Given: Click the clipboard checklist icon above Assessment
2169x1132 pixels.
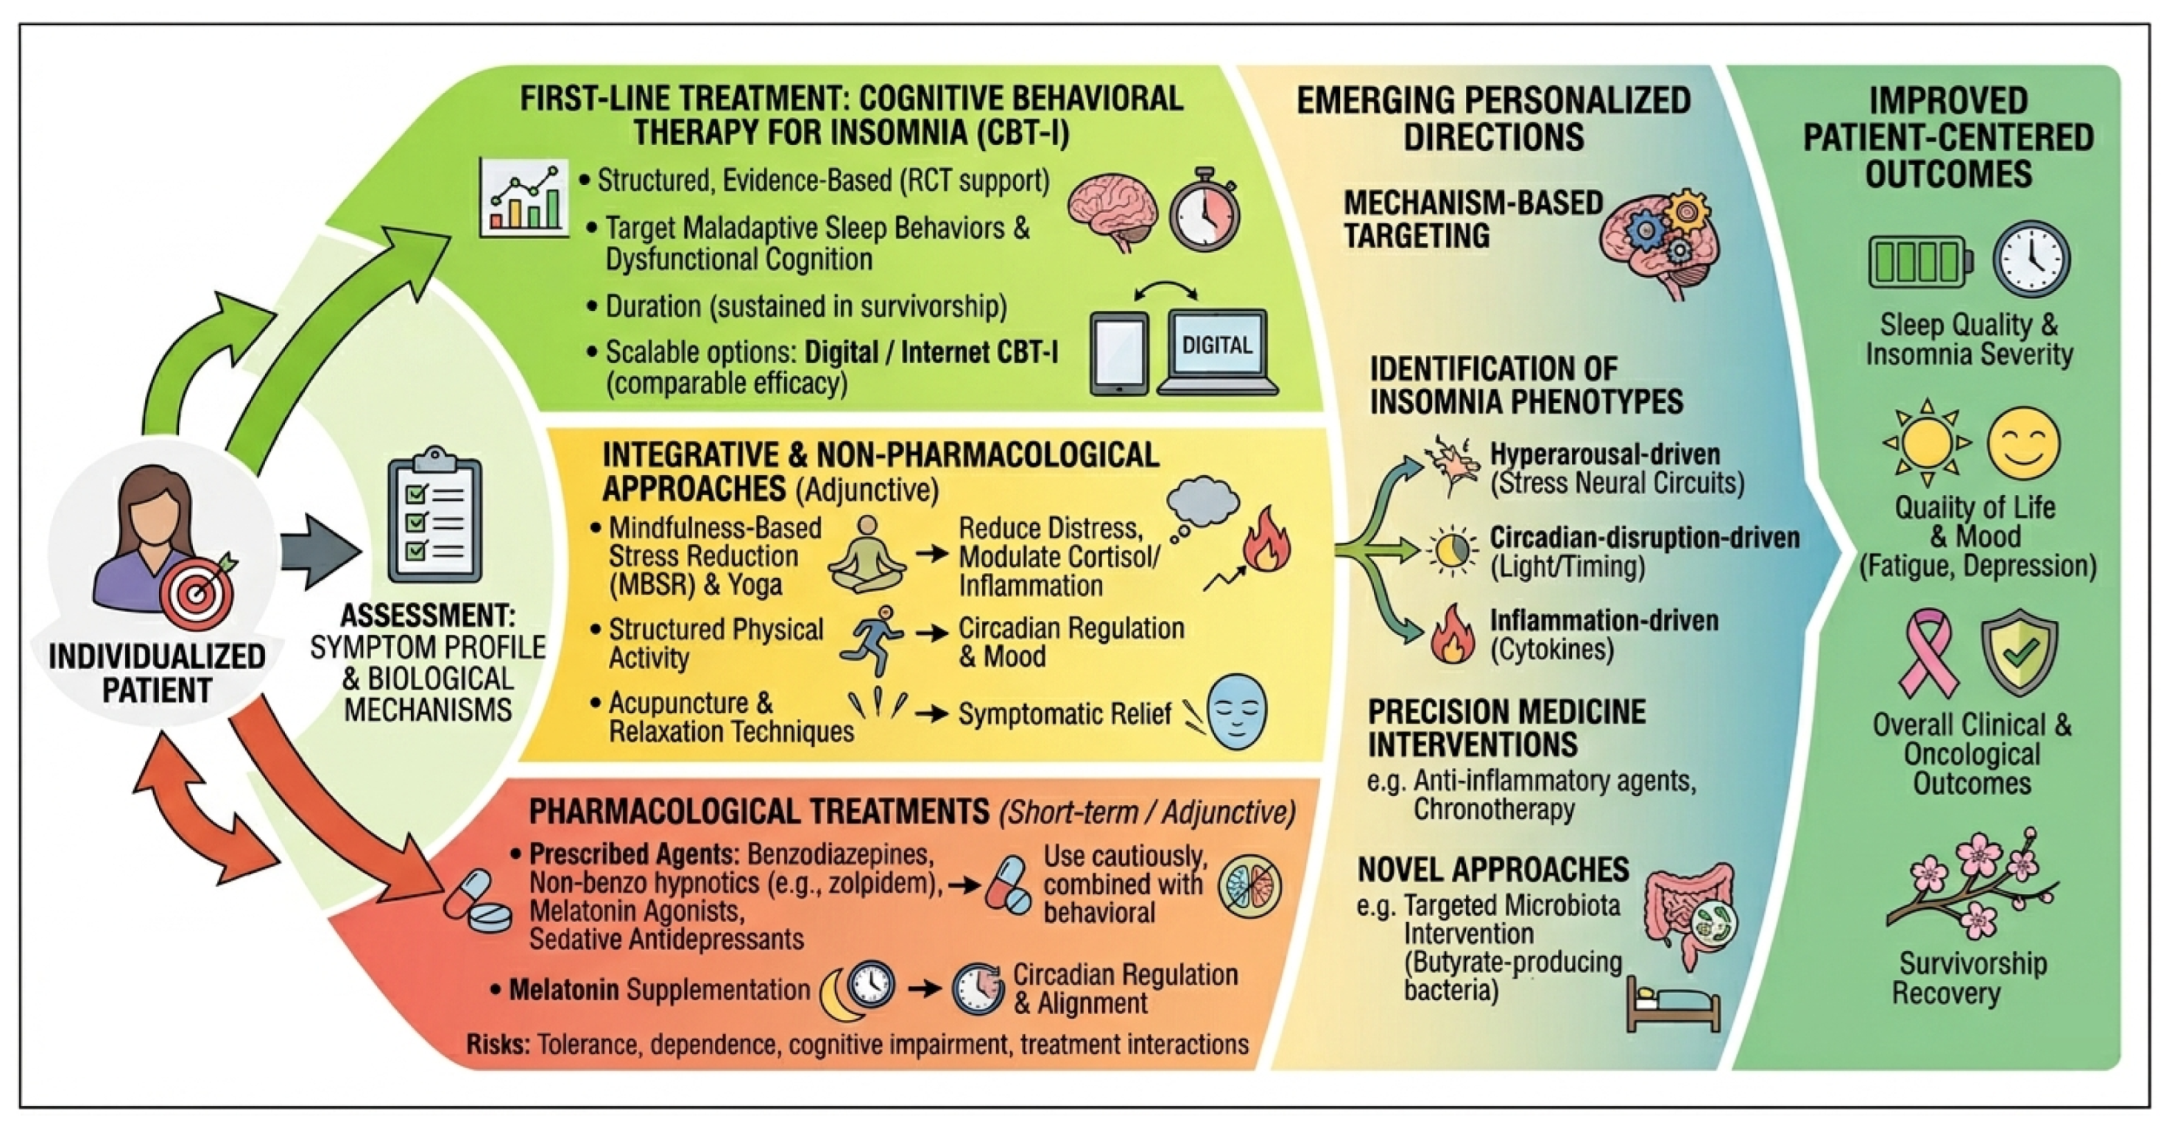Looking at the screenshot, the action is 434,516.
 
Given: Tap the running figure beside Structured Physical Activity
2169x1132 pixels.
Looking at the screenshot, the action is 872,640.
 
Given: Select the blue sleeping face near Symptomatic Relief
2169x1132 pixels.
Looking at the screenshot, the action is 1236,712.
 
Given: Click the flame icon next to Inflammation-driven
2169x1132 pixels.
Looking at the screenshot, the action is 1453,633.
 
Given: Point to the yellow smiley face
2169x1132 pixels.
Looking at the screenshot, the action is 2023,443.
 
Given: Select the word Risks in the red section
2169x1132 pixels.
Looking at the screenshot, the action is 498,1044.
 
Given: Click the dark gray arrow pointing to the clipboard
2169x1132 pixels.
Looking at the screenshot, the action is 318,551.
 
